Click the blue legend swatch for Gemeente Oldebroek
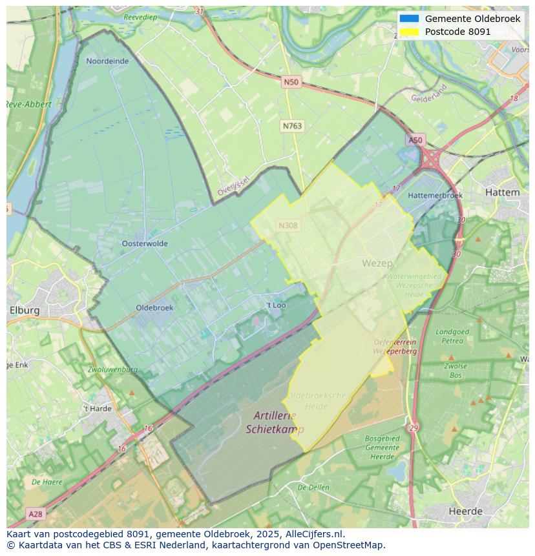pos(409,19)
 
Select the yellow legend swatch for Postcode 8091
pos(409,32)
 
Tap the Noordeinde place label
pos(107,61)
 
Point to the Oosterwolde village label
pos(145,243)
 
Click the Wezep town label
pos(377,263)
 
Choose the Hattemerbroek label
pos(435,195)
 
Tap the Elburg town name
pos(24,310)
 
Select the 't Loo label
pos(276,305)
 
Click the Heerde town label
pos(466,511)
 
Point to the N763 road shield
pos(292,126)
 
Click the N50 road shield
pos(291,82)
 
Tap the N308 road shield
pos(288,225)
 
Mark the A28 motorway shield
pos(36,514)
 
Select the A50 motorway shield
pos(415,140)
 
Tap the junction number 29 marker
pos(414,428)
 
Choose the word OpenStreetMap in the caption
pos(348,545)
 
